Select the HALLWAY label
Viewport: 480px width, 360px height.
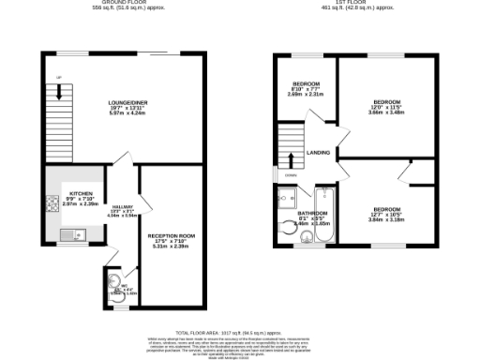[124, 207]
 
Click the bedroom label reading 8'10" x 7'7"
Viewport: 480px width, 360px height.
[306, 84]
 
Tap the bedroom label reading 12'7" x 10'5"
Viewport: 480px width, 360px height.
[386, 209]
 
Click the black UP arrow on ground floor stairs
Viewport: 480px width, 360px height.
[59, 92]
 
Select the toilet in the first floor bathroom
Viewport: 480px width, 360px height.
[290, 225]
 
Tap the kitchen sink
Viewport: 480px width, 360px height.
[68, 234]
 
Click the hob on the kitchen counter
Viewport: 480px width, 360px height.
[50, 205]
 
